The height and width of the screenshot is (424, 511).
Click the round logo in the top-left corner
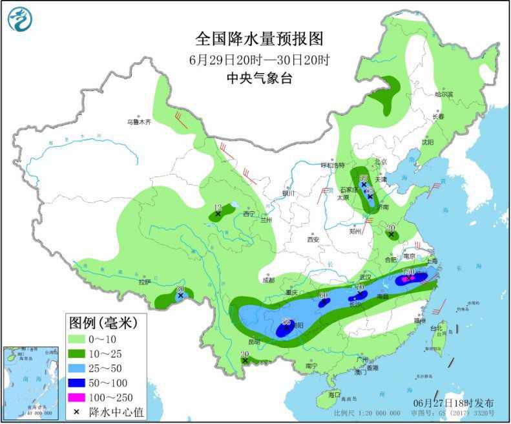[21, 19]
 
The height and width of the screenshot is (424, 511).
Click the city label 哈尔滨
[444, 94]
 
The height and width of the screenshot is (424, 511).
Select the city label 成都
[269, 280]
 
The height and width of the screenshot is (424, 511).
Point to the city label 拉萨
[143, 281]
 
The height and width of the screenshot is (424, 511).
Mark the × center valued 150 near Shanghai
[407, 279]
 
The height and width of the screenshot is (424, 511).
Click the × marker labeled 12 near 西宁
[218, 213]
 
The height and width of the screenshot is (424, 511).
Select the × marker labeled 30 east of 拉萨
[180, 295]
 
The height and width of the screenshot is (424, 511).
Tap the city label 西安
[313, 238]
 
